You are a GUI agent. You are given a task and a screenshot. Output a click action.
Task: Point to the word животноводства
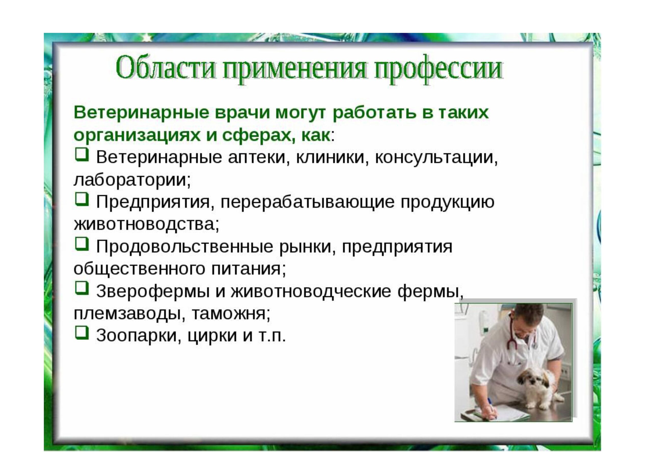click(x=146, y=224)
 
